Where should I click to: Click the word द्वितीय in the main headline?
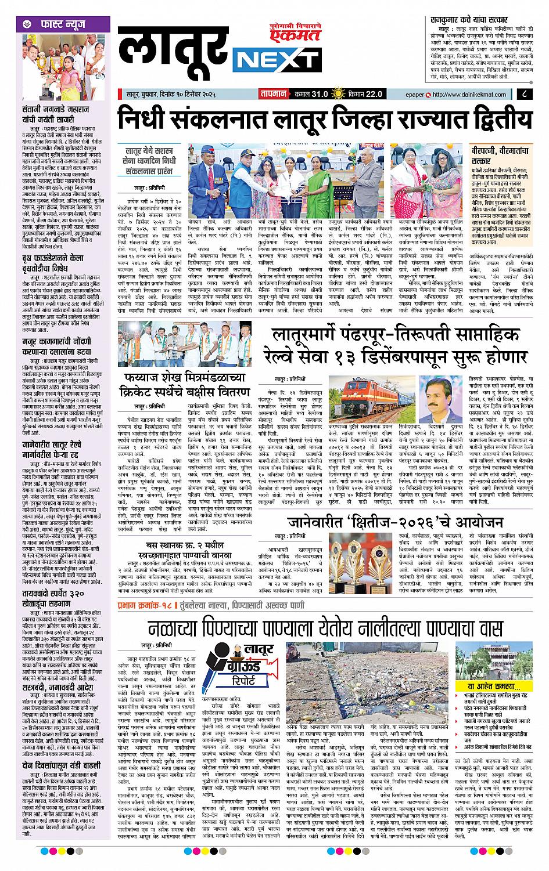pos(487,121)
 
